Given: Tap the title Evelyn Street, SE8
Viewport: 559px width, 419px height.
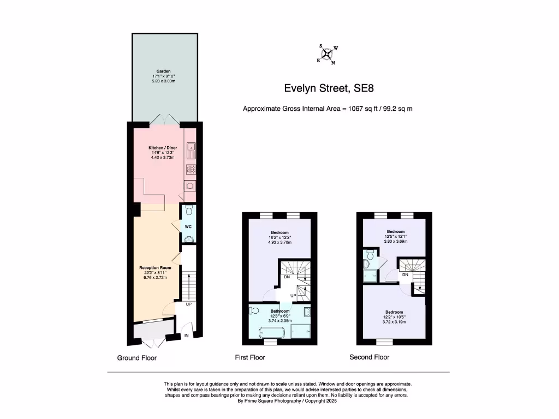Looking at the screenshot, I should pyautogui.click(x=328, y=88).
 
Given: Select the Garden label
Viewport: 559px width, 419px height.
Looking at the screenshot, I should pyautogui.click(x=164, y=71).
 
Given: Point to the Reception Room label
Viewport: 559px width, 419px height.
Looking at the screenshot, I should pyautogui.click(x=156, y=268).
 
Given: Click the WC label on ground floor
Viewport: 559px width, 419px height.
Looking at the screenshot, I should pyautogui.click(x=188, y=226).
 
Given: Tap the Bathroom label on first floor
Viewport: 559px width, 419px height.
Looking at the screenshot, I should pyautogui.click(x=279, y=311).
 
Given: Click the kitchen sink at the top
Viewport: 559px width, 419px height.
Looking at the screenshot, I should pyautogui.click(x=192, y=146).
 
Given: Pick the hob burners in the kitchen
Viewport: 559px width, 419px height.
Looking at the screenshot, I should pyautogui.click(x=191, y=169).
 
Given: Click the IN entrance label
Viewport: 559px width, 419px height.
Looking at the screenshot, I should pyautogui.click(x=187, y=336).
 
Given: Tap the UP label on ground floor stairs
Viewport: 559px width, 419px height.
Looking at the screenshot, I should pyautogui.click(x=188, y=304).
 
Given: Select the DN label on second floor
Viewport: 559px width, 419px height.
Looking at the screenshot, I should pyautogui.click(x=405, y=275).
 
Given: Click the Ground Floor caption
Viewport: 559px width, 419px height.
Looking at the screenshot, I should pyautogui.click(x=137, y=358).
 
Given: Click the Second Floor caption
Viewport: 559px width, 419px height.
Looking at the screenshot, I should pyautogui.click(x=370, y=357).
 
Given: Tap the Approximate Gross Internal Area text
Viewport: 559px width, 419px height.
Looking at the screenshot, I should pyautogui.click(x=328, y=109).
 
